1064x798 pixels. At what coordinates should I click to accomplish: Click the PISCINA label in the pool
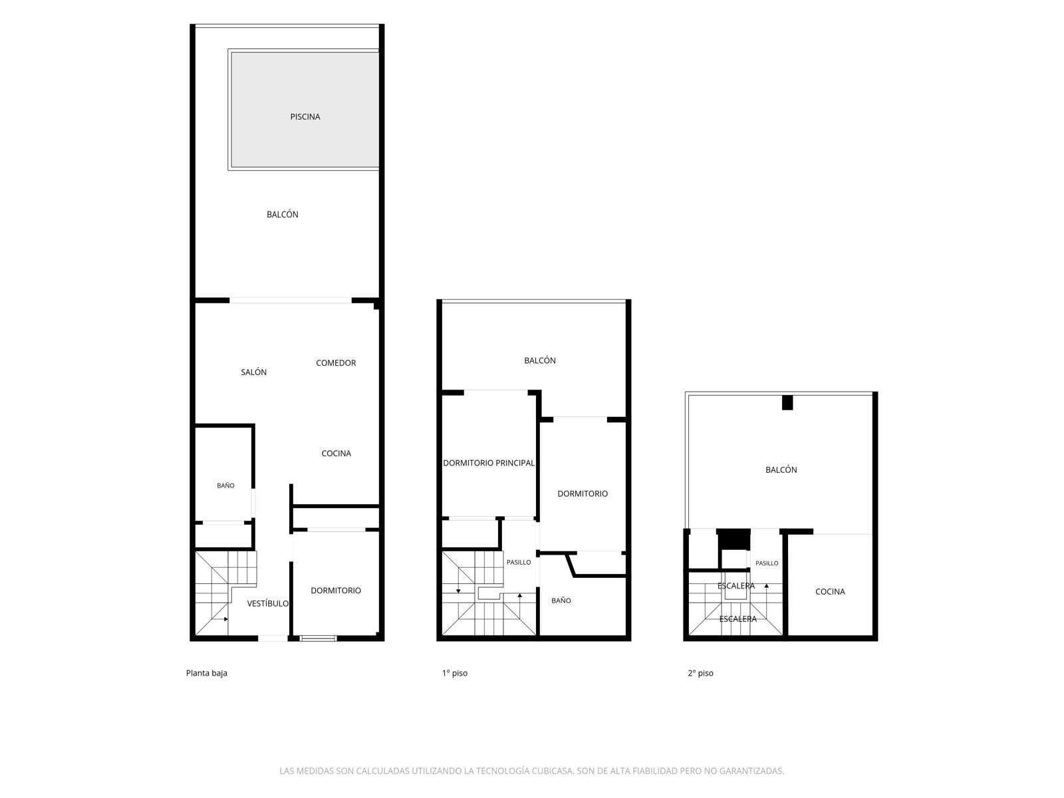pos(305,117)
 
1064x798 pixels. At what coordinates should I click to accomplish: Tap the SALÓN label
pos(253,372)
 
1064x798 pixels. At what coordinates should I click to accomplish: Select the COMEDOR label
pos(335,363)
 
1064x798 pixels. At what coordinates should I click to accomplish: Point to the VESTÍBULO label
pos(267,603)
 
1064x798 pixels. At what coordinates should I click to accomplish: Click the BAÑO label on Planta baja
pos(225,485)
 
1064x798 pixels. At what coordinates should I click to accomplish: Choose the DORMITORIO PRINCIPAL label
pos(489,463)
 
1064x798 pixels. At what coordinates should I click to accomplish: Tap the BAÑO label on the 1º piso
pos(561,600)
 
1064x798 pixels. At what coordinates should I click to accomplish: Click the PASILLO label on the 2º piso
pos(766,563)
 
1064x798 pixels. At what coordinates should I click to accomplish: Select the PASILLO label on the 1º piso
pos(518,562)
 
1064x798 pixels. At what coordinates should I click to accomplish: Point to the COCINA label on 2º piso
pos(830,592)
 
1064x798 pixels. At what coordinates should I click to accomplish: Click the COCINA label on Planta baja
pos(336,454)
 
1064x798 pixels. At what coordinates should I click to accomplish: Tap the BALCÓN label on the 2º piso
pos(781,469)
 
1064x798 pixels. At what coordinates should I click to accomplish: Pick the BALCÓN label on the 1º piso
pos(539,360)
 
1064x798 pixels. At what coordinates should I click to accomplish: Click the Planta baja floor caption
pos(207,673)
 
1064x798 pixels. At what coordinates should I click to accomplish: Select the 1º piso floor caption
pos(455,673)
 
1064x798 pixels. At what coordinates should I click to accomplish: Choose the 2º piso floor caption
pos(700,673)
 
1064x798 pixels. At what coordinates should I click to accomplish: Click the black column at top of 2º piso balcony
pos(787,402)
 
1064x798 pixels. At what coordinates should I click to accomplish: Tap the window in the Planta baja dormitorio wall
pos(318,638)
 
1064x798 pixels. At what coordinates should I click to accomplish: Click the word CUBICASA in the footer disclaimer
pos(553,771)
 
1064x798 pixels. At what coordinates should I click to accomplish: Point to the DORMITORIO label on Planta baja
pos(335,591)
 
